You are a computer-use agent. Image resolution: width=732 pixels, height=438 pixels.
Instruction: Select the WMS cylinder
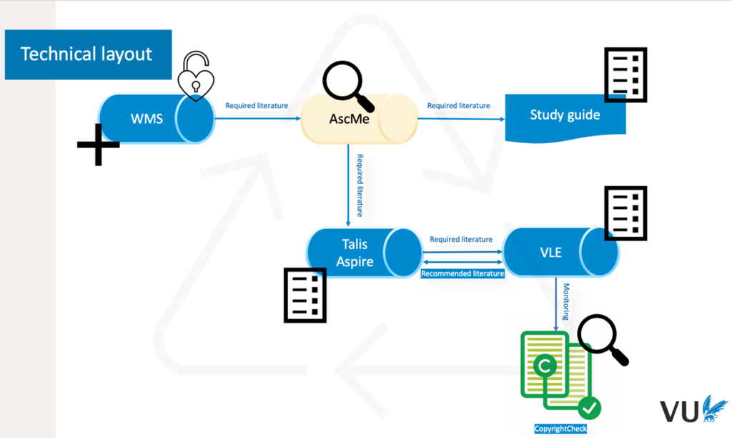156,118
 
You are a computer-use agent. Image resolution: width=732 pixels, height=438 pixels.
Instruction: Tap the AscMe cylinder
359,118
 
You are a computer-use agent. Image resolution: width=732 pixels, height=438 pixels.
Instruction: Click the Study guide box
565,115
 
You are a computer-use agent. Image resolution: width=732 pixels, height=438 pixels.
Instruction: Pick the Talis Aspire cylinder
364,253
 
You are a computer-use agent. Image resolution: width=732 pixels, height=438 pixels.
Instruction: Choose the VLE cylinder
560,253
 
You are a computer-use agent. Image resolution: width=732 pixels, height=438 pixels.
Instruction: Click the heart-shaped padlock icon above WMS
195,77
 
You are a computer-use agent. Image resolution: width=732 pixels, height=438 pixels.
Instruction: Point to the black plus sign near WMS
98,144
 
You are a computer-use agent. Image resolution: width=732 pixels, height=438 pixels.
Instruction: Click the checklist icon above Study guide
625,74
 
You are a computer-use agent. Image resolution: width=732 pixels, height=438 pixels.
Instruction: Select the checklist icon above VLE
625,213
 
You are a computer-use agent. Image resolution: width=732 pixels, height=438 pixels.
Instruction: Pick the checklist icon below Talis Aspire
305,295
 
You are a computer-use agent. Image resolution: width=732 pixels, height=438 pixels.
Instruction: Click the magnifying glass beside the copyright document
603,340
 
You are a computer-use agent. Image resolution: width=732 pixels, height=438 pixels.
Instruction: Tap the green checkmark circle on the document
589,409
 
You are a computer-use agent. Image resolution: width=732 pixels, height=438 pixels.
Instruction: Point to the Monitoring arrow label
565,301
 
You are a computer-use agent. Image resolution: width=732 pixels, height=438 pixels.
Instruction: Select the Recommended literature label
463,273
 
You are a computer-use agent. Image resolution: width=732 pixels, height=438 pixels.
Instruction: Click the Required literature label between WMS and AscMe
257,106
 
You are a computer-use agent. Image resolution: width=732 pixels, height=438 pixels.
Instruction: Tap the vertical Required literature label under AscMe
360,185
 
